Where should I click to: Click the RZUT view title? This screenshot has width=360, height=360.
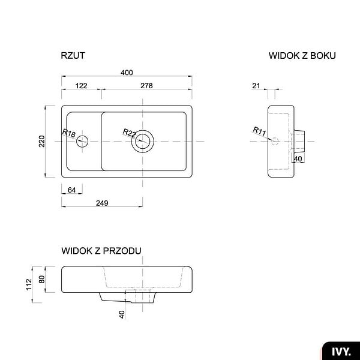point(73,56)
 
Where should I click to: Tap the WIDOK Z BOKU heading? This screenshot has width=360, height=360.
point(302,56)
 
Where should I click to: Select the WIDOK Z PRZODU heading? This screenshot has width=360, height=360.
point(101,251)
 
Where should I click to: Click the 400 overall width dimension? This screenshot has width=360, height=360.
point(127,73)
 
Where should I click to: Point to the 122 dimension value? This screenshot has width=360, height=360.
point(81,86)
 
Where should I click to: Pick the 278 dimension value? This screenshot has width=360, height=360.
point(146,86)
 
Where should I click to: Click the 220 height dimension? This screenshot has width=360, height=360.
point(42,141)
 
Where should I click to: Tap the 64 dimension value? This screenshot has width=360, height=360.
point(71,190)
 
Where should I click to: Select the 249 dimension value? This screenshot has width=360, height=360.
point(102,203)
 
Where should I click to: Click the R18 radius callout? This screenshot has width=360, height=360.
point(69,133)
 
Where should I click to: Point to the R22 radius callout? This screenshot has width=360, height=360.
point(130,133)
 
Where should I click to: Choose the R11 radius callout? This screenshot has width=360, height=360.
point(259,131)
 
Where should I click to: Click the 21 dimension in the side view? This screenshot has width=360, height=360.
point(256,86)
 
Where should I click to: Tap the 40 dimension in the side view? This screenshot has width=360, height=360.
point(298,159)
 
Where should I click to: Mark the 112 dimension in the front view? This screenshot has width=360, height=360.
point(29,284)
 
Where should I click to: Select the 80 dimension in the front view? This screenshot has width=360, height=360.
point(42,279)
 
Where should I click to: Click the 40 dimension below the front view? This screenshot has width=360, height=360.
point(122,314)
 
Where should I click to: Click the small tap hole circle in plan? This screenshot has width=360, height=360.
point(82,136)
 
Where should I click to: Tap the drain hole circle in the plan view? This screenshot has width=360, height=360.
point(143,130)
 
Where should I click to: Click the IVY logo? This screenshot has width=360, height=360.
point(341,352)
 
